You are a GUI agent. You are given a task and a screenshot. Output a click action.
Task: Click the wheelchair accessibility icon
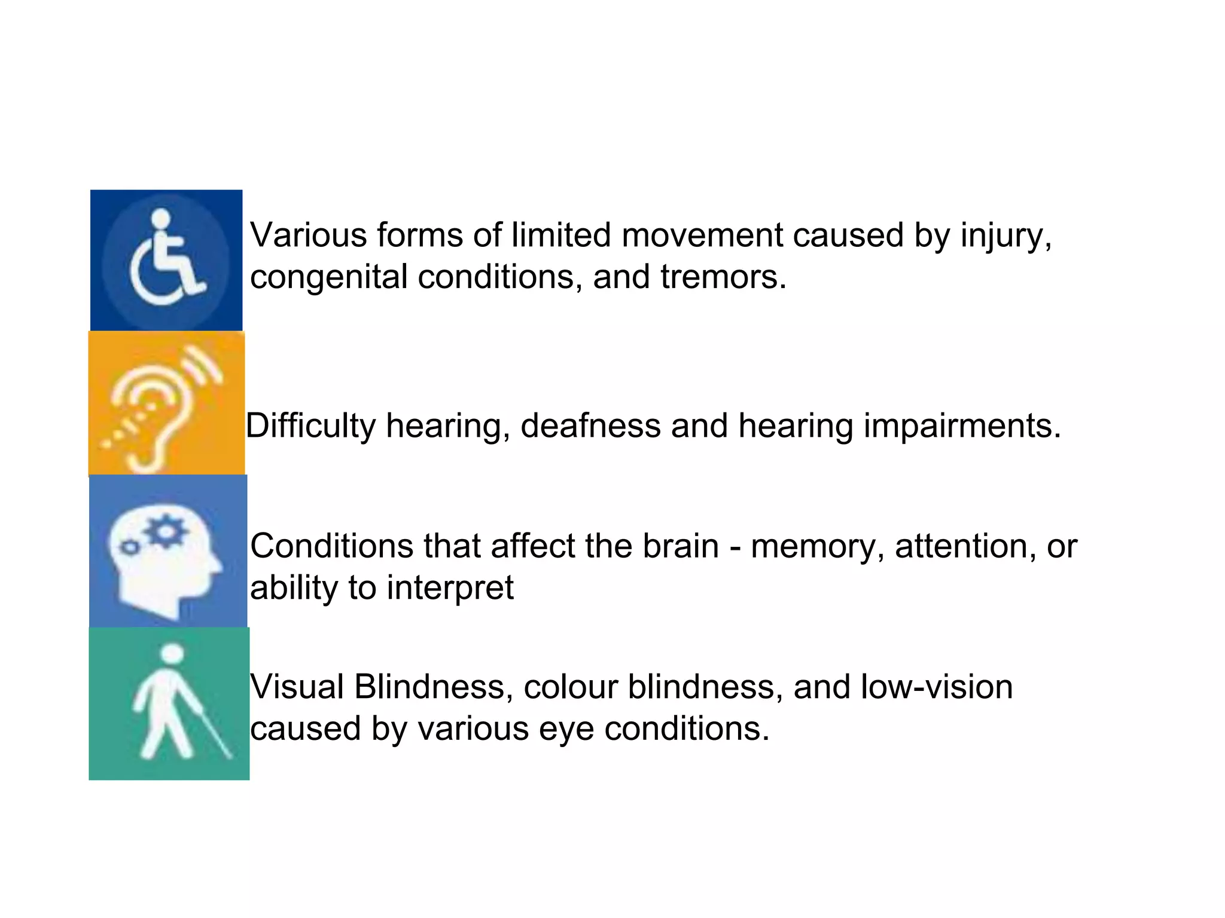(166, 260)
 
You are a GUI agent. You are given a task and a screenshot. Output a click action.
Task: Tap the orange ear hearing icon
(166, 404)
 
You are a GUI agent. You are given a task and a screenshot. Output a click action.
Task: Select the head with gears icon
(167, 551)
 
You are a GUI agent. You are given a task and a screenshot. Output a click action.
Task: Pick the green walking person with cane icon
(169, 703)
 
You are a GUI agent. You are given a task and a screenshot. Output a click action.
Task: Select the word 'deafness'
(590, 426)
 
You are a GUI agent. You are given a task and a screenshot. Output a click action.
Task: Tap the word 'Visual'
(297, 687)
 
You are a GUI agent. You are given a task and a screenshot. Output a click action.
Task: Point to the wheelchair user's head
(161, 218)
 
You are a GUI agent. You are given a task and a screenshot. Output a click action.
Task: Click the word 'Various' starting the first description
(308, 235)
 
